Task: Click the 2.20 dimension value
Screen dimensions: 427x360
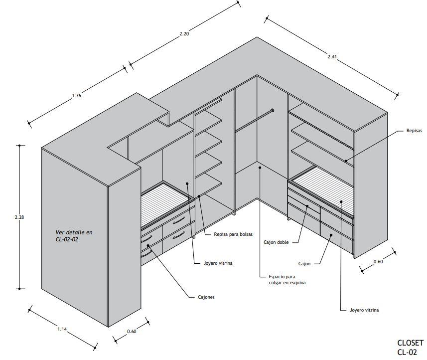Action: point(184,34)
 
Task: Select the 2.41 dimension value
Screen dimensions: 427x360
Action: point(332,56)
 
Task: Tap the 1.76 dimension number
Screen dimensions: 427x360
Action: point(76,96)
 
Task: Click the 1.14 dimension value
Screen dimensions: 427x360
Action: point(62,329)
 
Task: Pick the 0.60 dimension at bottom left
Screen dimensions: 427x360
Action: point(132,331)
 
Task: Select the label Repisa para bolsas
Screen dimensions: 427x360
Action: point(233,234)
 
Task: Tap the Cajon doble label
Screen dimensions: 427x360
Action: point(276,243)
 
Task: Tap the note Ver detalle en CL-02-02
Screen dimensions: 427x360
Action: point(74,236)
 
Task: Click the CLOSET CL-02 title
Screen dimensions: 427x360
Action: point(410,348)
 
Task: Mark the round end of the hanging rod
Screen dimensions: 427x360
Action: point(273,110)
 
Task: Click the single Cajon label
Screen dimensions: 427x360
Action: point(304,263)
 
